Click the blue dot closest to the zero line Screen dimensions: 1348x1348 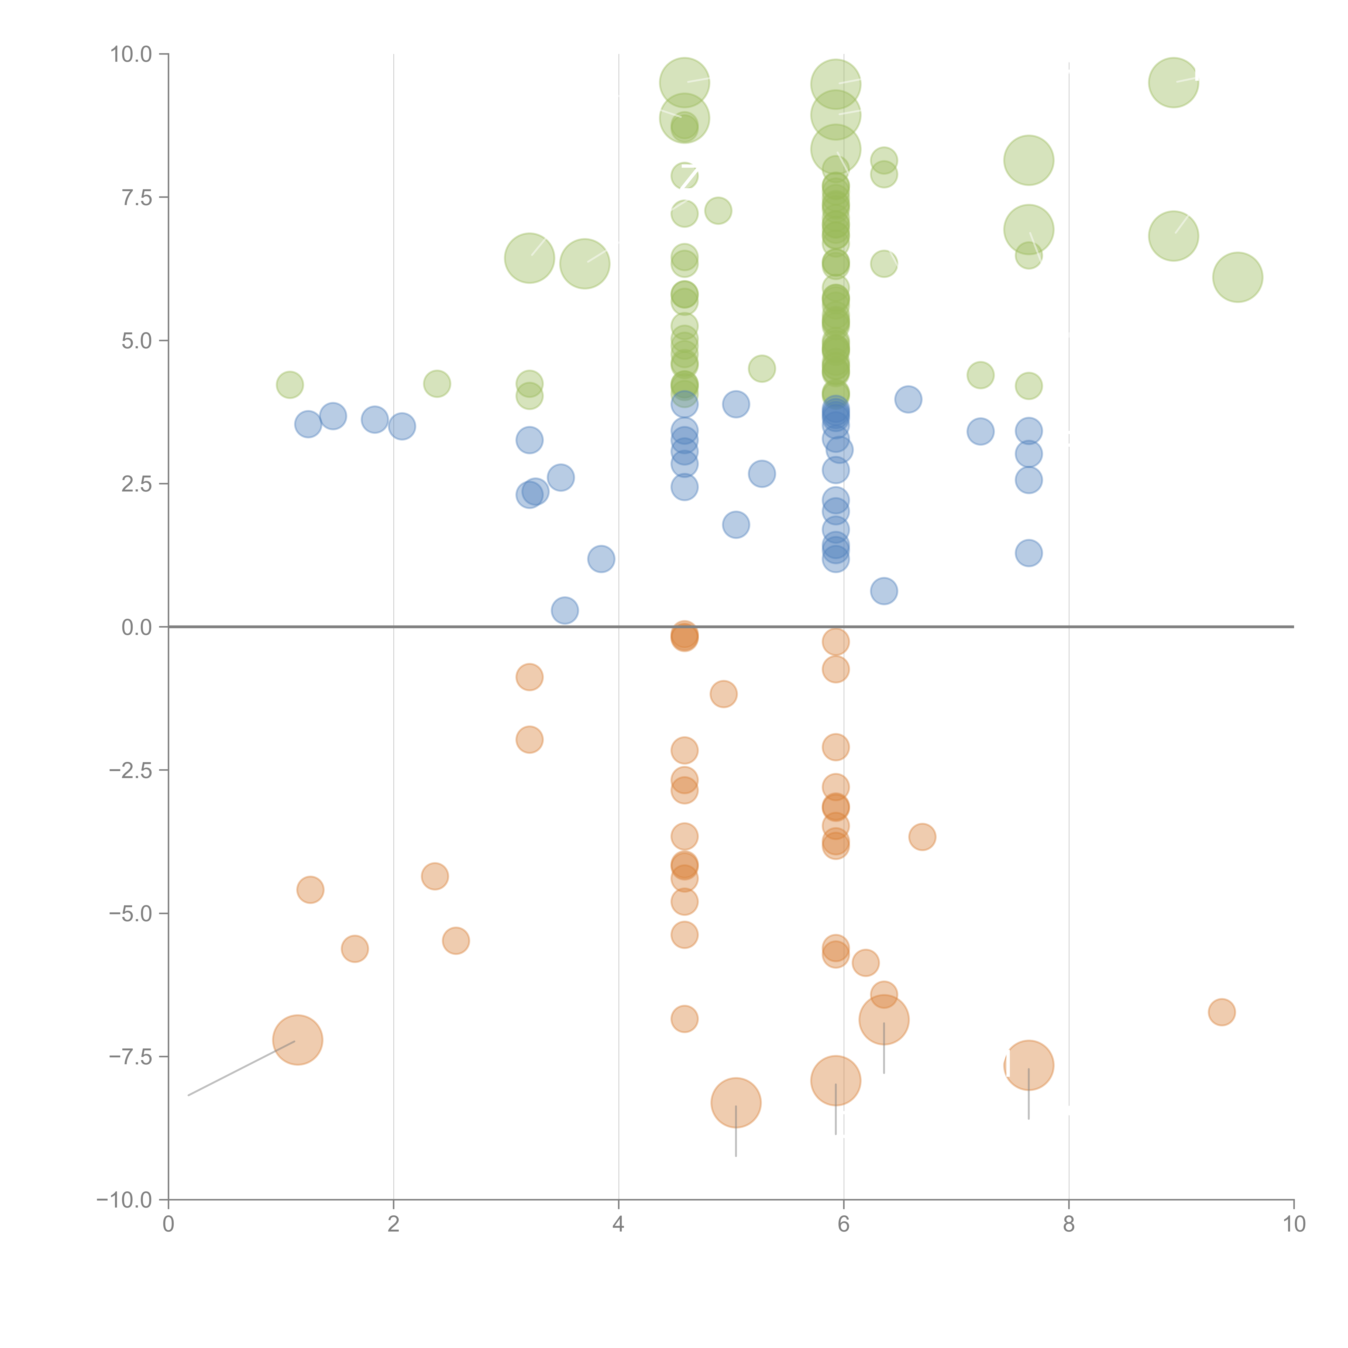pyautogui.click(x=565, y=610)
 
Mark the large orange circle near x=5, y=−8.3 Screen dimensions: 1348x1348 pyautogui.click(x=736, y=1102)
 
